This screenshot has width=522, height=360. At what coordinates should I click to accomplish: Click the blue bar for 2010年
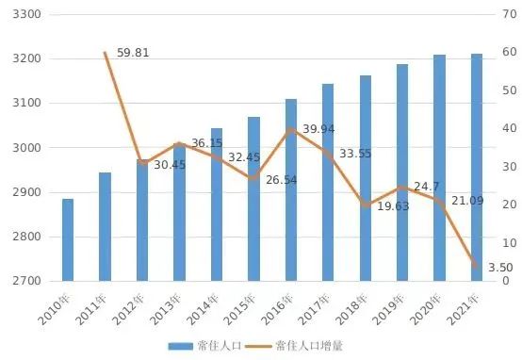[x=68, y=240]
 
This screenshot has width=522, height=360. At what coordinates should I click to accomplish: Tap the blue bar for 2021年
[x=477, y=168]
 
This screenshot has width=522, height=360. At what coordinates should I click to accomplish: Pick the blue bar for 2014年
[x=217, y=205]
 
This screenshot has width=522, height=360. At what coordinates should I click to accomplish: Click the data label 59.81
[x=133, y=54]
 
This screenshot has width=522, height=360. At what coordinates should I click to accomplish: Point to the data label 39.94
[x=319, y=128]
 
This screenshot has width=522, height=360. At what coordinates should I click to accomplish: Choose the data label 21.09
[x=468, y=200]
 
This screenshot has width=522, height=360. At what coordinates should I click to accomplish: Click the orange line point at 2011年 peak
[x=105, y=53]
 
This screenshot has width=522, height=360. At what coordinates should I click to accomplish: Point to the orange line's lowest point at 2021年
[x=477, y=268]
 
